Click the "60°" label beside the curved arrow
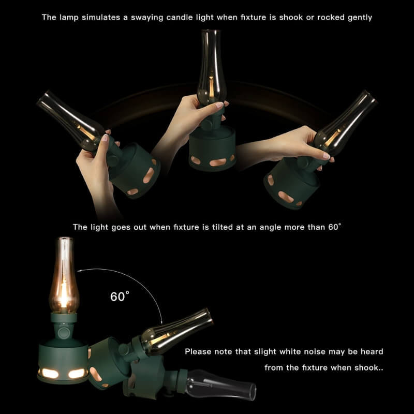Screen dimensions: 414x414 point(120,296)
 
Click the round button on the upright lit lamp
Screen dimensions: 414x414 point(63,333)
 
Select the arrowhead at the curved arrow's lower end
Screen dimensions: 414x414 point(161,321)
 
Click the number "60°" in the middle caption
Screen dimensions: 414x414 point(334,227)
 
